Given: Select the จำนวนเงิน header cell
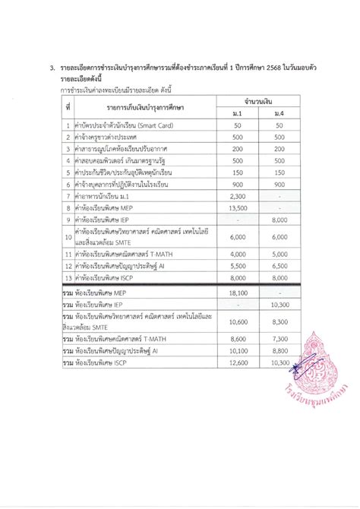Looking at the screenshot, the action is pos(258,100).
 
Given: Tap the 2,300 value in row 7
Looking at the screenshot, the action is pos(237,196).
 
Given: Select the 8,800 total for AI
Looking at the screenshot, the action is pos(279,351).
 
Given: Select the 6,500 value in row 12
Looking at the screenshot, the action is pos(279,267).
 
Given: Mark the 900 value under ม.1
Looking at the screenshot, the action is pos(237,184).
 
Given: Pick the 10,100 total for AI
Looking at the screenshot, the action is pos(237,351).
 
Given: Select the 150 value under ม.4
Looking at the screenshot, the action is pos(279,172).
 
